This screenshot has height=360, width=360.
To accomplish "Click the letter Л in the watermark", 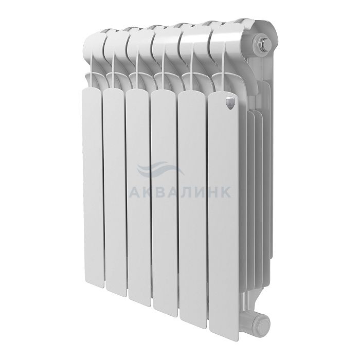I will [186, 191].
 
